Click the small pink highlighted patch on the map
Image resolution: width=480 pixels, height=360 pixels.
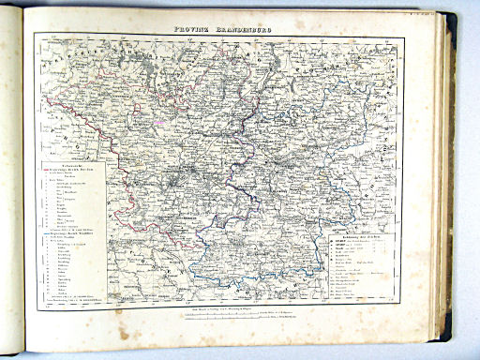coord(170,119)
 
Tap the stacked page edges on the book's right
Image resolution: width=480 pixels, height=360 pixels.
coord(448,187)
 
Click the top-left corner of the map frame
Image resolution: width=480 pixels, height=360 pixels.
coord(35,34)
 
